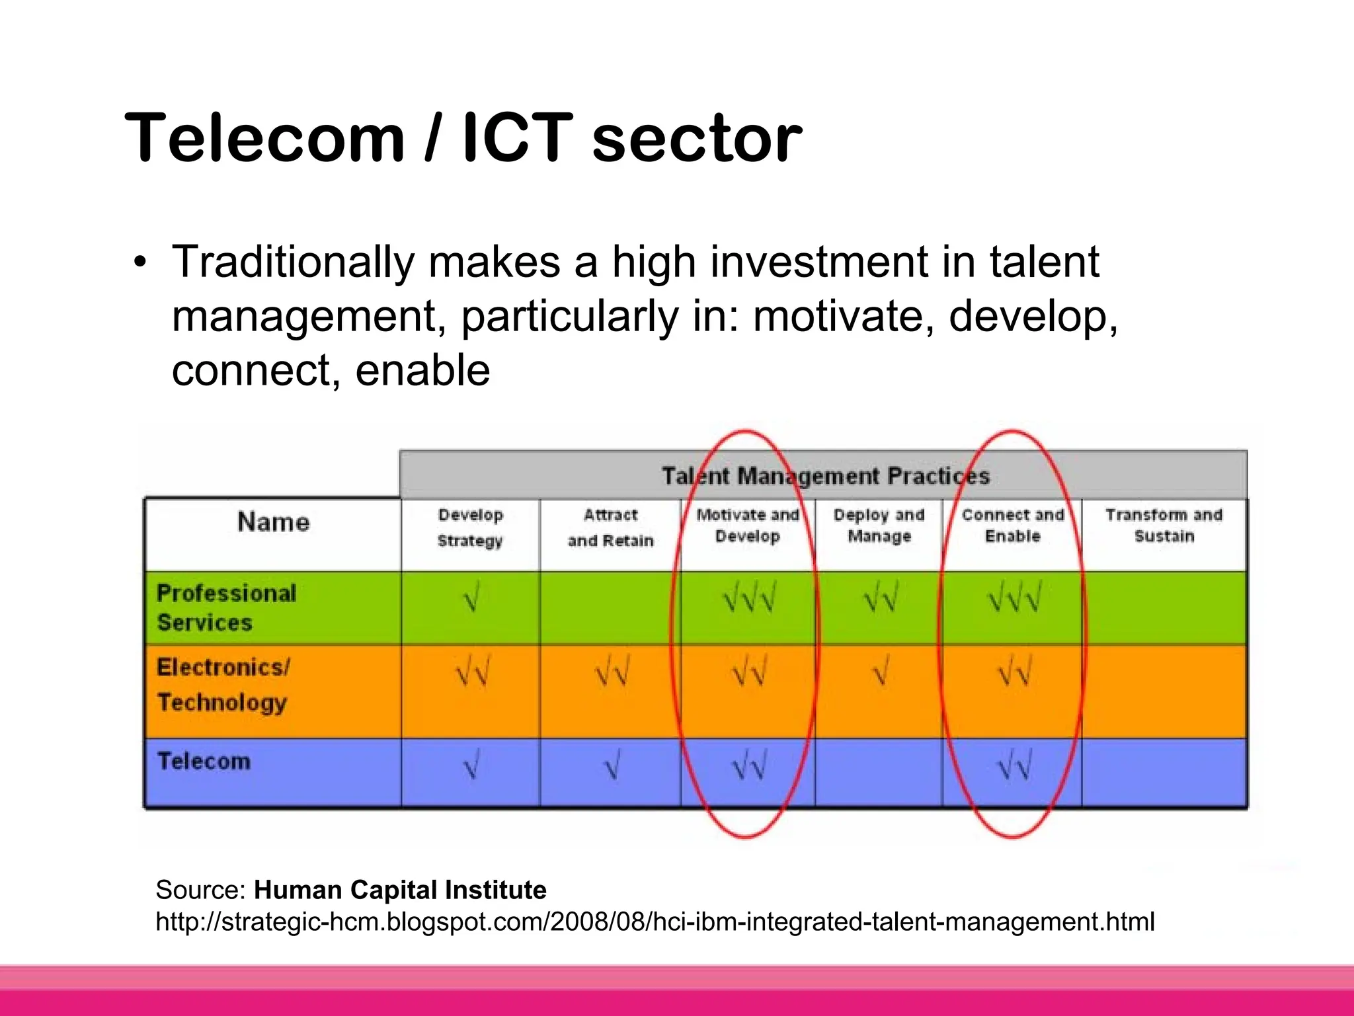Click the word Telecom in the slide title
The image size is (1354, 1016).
[x=264, y=137]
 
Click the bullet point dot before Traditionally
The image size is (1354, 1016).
[x=139, y=262]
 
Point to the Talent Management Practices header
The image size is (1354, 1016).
[x=825, y=476]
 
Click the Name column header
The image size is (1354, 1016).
[x=273, y=522]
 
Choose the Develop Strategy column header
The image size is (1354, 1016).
[x=470, y=528]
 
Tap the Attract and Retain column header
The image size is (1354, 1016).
[x=610, y=528]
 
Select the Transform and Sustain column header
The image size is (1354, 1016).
[x=1164, y=526]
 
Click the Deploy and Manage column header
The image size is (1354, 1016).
[x=879, y=526]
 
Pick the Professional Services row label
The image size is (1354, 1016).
[x=225, y=607]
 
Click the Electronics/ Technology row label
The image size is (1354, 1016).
[x=223, y=685]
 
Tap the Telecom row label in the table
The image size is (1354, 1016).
[x=204, y=762]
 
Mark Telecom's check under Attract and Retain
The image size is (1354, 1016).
[x=612, y=767]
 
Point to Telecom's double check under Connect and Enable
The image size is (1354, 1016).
[x=1014, y=767]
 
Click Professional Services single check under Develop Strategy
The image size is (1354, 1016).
[x=471, y=599]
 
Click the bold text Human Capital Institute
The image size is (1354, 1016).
[x=400, y=890]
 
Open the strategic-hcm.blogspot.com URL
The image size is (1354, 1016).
[x=655, y=921]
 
